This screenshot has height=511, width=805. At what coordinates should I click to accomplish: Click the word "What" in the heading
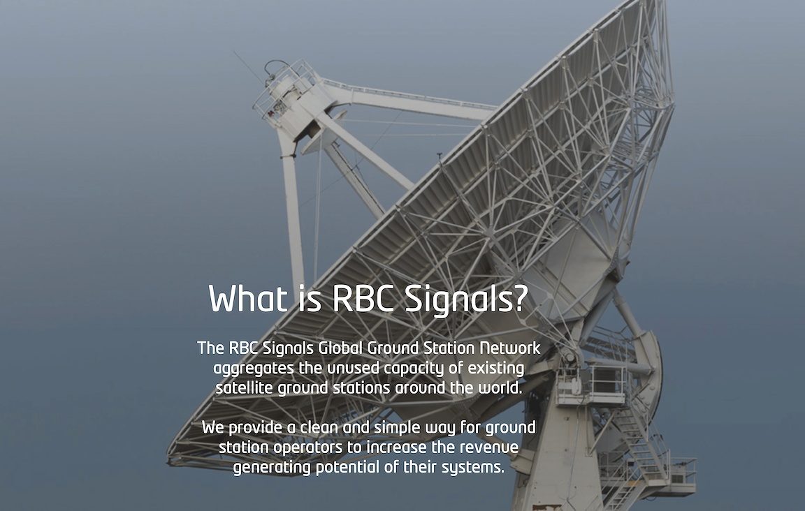pyautogui.click(x=248, y=299)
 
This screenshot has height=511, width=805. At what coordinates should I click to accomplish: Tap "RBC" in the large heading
pyautogui.click(x=363, y=299)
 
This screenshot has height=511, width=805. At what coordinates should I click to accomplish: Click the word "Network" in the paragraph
pyautogui.click(x=510, y=348)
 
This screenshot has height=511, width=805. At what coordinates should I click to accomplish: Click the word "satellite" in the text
pyautogui.click(x=244, y=388)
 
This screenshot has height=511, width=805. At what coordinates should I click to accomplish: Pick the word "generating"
pyautogui.click(x=272, y=468)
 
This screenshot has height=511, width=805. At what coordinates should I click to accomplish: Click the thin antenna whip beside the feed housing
pyautogui.click(x=249, y=68)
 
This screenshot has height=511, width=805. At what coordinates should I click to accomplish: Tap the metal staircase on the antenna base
pyautogui.click(x=636, y=452)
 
